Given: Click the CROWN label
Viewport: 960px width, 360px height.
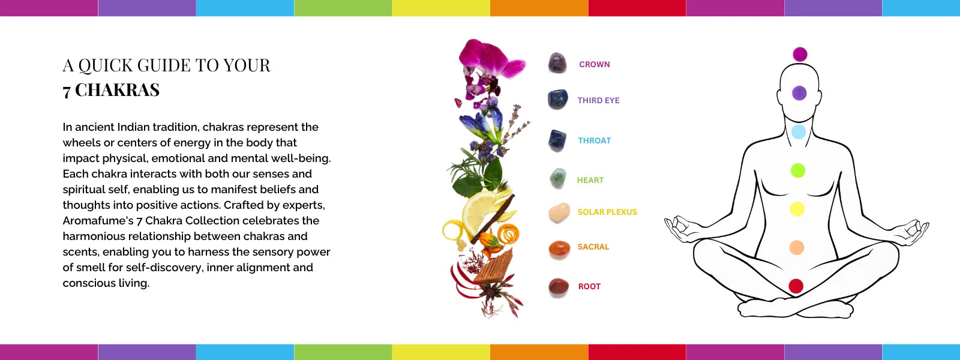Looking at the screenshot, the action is [x=594, y=64].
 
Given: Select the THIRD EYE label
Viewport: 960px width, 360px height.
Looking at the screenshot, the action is [x=598, y=100].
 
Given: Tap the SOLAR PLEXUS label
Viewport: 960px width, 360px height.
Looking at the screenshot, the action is [x=607, y=212].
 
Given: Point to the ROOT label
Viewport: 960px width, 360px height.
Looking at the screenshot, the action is [x=589, y=286].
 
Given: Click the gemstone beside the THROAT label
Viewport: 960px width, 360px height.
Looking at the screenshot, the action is [x=557, y=140].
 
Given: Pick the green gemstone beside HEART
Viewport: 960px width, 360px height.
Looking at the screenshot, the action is [x=558, y=178].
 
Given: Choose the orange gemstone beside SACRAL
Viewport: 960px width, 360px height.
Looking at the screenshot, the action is [x=559, y=250].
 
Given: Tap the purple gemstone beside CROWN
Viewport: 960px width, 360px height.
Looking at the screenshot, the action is [x=557, y=62].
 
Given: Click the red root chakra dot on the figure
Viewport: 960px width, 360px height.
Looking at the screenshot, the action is [x=796, y=286].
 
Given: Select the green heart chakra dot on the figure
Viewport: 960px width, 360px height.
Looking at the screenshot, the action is [x=798, y=170].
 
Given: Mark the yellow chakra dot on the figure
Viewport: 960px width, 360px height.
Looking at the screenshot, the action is [x=797, y=209].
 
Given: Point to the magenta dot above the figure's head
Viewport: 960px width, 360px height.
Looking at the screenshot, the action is [x=800, y=55].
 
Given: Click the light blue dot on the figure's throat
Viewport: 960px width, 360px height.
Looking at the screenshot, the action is [x=799, y=131].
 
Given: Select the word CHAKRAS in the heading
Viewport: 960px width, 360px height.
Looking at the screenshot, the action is [x=117, y=90].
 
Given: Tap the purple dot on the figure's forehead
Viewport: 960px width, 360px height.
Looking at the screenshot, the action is [x=799, y=93].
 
